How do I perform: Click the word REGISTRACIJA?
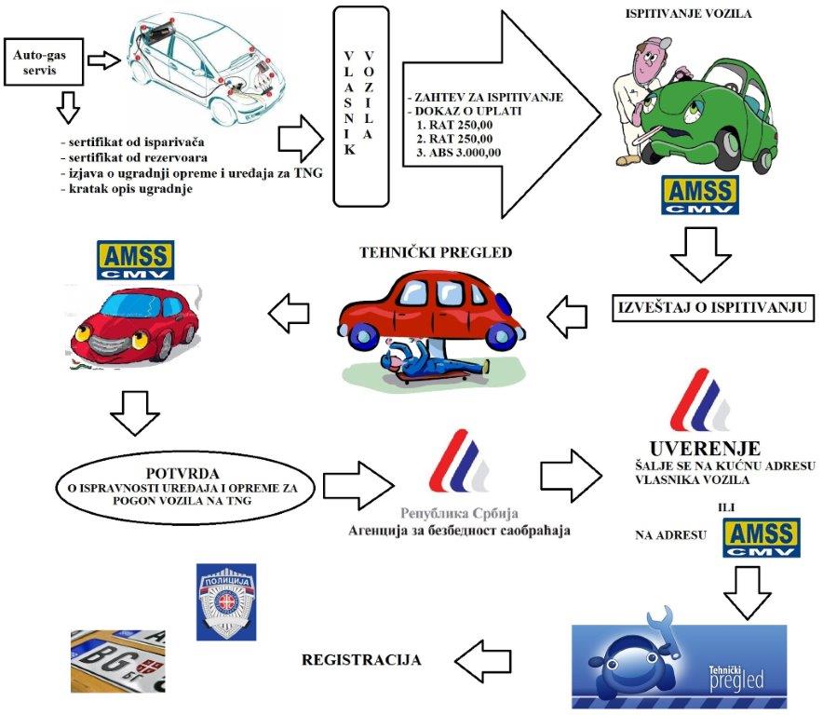[x=361, y=660]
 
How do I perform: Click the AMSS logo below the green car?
[x=699, y=194]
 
